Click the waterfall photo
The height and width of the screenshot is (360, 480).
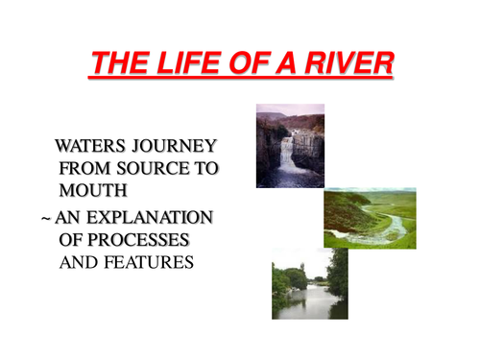(x=290, y=145)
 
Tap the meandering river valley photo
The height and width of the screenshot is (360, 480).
(x=370, y=218)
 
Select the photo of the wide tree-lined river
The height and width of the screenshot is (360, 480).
(x=309, y=283)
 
